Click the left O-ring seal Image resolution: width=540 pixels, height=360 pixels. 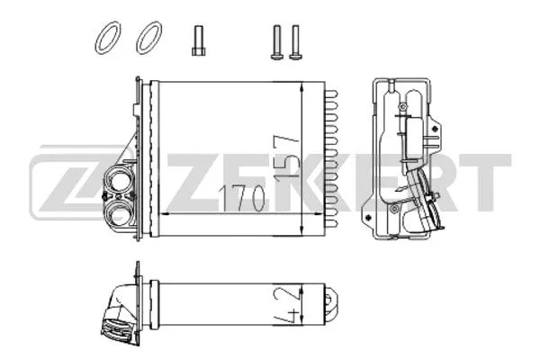point(106,39)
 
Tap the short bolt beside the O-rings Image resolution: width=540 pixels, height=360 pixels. point(197,40)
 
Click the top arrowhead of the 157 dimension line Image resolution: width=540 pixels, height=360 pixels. point(307,86)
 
